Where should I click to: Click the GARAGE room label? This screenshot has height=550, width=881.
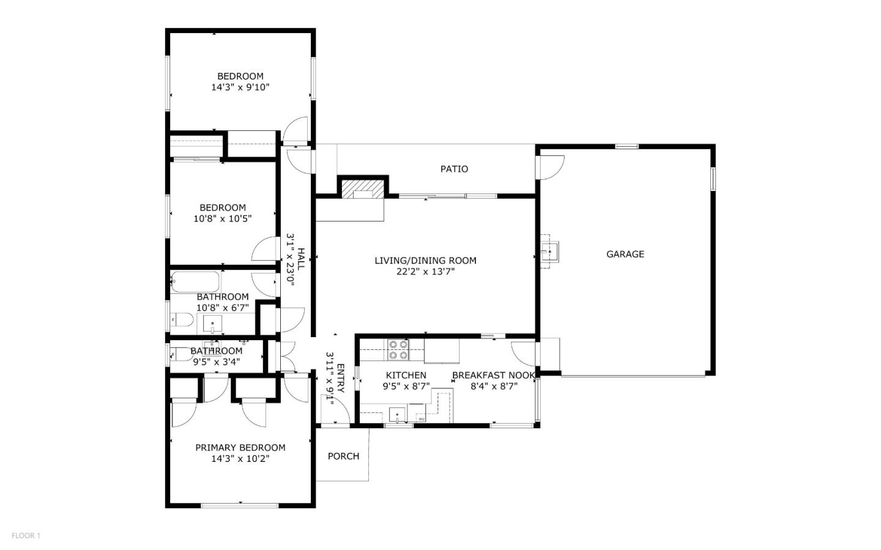(625, 254)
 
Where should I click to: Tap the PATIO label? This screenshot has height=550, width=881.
(454, 169)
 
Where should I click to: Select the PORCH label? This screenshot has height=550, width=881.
(343, 456)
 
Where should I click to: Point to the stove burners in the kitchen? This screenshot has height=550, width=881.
(398, 350)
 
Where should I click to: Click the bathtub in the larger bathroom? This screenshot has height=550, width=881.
(195, 282)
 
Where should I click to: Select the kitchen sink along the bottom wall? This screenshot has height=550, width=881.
(398, 414)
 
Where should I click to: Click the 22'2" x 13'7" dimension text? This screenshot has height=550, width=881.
(425, 272)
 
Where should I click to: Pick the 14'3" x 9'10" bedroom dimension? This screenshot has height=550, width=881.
(240, 87)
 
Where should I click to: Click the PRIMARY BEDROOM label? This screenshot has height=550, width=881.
(240, 447)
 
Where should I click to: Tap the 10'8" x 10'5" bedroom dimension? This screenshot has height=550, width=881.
(223, 218)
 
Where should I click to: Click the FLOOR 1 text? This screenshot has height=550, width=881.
(26, 536)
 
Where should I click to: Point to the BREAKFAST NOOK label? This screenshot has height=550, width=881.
(493, 375)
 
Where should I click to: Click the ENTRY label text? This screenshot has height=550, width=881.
(341, 379)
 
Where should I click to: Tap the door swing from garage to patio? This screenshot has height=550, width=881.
(551, 166)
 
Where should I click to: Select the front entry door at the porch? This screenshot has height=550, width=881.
(335, 410)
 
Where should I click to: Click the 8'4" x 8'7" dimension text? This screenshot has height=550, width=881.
(494, 386)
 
